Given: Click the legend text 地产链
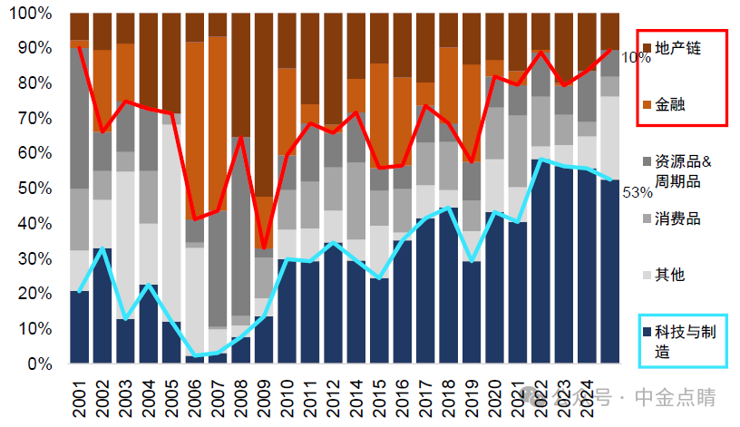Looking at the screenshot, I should (677, 46).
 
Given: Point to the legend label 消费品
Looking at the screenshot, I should (677, 218).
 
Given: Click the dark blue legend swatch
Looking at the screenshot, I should (646, 333).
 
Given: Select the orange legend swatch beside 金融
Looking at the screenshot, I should (646, 104).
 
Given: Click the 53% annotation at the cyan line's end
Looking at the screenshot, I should (638, 192).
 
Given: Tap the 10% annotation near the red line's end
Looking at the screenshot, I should (636, 57).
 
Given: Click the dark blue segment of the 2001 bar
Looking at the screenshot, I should (80, 327).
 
